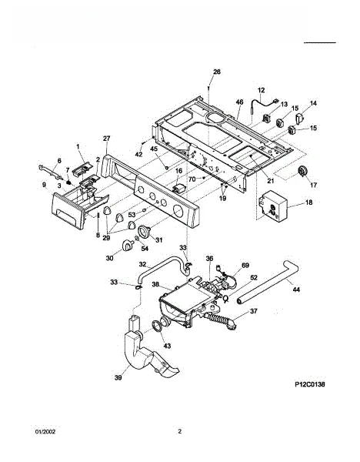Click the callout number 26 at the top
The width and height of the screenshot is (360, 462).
[x=217, y=72]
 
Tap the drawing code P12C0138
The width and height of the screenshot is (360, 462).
[x=310, y=384]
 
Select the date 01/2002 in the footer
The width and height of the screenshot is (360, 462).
[x=45, y=432]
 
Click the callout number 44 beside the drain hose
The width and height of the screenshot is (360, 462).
[x=296, y=290]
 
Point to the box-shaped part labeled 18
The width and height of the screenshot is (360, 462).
[x=273, y=206]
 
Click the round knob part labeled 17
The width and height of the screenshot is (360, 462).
[x=302, y=172]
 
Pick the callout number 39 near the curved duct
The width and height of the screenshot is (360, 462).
[x=118, y=377]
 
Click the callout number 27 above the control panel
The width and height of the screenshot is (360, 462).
[x=106, y=139]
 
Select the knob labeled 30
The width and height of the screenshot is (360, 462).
[x=128, y=245]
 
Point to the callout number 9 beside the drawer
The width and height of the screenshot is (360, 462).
[x=44, y=185]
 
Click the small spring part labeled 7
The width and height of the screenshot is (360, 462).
[x=69, y=182]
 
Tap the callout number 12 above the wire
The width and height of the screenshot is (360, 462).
[x=261, y=90]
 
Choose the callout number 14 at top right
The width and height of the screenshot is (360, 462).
[x=313, y=103]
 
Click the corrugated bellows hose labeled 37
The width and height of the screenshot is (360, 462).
[x=220, y=320]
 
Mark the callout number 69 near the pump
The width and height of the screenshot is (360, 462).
[x=245, y=266]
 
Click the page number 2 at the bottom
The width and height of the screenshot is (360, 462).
[x=180, y=432]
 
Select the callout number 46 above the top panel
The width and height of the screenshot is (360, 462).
[x=239, y=102]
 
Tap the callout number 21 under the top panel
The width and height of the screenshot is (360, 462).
[x=270, y=181]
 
